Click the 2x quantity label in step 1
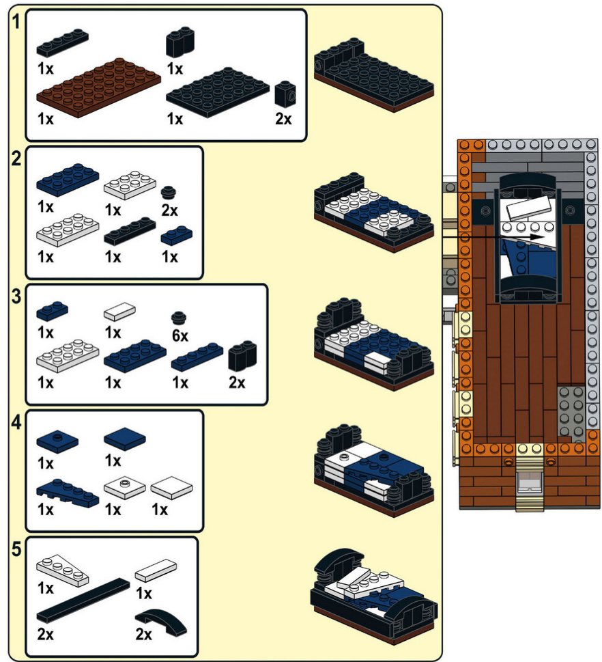click(x=283, y=118)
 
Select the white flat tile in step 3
click(x=119, y=311)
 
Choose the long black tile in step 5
click(x=83, y=597)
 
